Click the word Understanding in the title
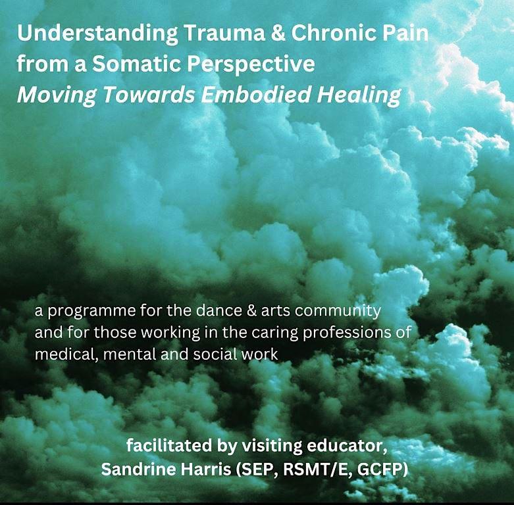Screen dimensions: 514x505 click(x=97, y=34)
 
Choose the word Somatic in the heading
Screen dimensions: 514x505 click(x=136, y=64)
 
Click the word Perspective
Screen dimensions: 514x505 click(x=251, y=65)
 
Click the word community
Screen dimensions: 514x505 click(x=338, y=311)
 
